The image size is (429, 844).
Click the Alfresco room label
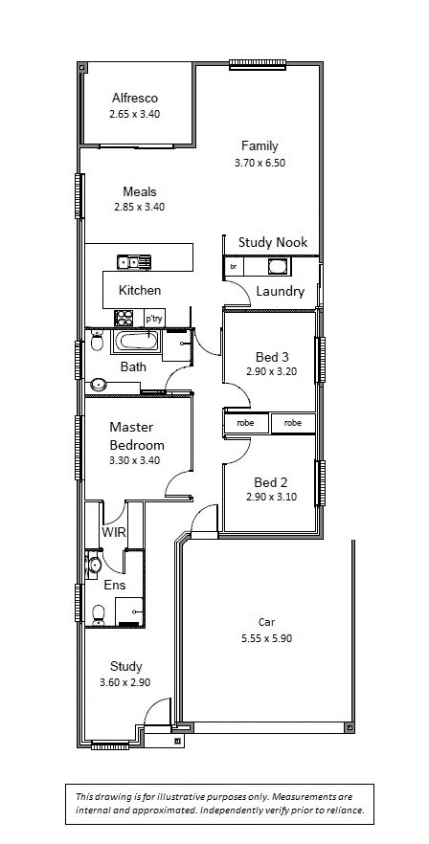tap(135, 98)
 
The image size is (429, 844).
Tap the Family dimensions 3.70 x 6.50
tap(260, 163)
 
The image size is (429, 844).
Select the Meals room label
tap(140, 191)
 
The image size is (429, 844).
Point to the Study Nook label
tap(273, 242)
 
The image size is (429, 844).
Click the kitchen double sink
tap(134, 262)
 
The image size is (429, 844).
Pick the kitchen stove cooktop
tap(124, 318)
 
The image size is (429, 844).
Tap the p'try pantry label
tap(153, 319)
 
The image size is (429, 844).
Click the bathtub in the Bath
tap(135, 342)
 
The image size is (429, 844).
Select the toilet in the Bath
tap(97, 341)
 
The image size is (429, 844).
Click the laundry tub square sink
tap(280, 266)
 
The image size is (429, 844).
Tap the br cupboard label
tap(234, 266)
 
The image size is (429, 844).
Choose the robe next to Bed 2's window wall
tap(293, 423)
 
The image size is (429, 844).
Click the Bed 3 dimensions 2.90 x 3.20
tap(272, 371)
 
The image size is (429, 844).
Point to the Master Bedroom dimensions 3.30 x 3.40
tap(134, 460)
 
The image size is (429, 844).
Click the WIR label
tap(114, 533)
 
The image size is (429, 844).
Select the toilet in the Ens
tap(98, 614)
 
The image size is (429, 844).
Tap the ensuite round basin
tap(94, 566)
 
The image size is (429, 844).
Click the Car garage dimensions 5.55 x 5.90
tap(266, 639)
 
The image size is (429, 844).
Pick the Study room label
tap(126, 666)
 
